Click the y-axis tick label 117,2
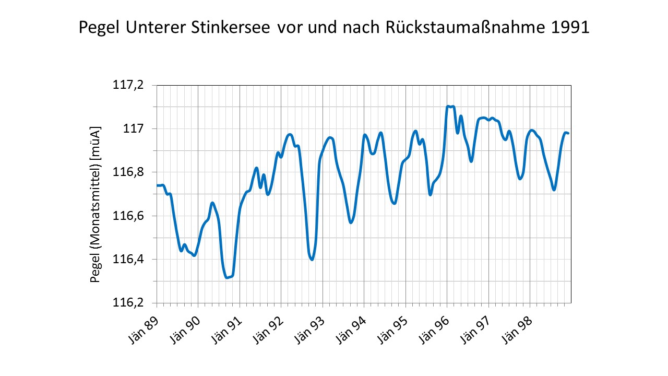tap(128, 85)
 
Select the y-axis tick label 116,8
tap(128, 172)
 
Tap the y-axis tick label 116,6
tap(128, 216)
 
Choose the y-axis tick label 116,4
tap(128, 259)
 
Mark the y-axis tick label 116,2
tap(128, 303)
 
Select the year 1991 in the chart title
tap(570, 27)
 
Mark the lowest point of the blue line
tap(226, 277)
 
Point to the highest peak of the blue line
tap(448, 107)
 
